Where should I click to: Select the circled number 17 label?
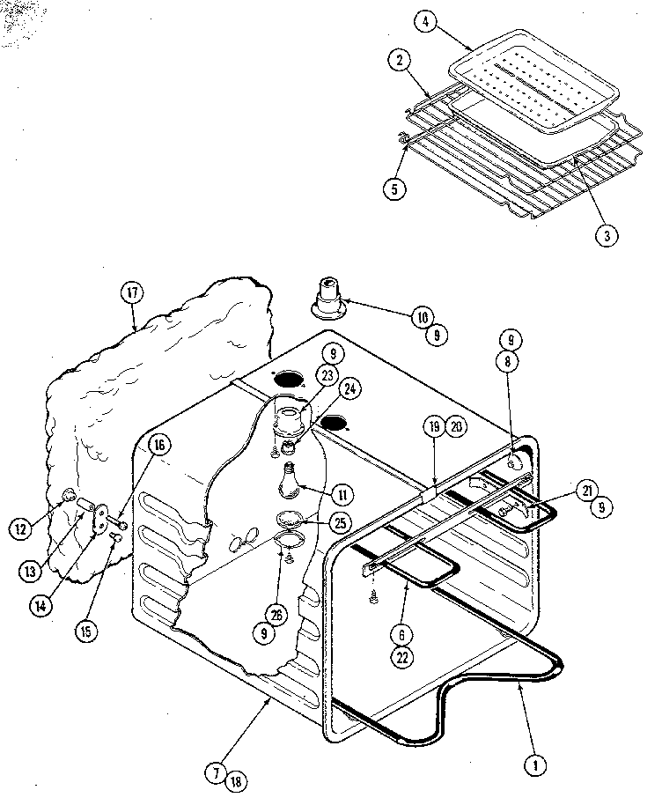point(132,293)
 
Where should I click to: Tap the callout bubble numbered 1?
point(533,765)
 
